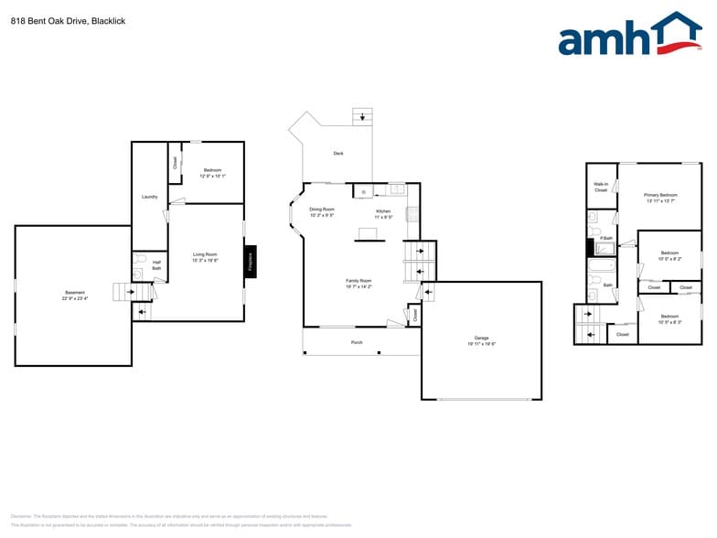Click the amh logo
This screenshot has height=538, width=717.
(x=629, y=37)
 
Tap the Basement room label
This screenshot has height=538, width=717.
(x=72, y=295)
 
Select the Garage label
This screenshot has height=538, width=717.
(x=481, y=340)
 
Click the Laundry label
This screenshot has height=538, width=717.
(x=150, y=197)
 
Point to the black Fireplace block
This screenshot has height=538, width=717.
(x=251, y=262)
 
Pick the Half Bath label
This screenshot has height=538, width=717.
(x=156, y=264)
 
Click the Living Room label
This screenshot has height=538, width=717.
(x=205, y=257)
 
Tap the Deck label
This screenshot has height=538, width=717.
(x=338, y=154)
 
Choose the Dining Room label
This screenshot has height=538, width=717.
(x=322, y=212)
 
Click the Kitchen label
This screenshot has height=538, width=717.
(x=383, y=214)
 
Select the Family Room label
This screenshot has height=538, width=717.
(x=358, y=283)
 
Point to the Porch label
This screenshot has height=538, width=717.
(x=357, y=342)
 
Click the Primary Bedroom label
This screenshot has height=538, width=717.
(x=660, y=198)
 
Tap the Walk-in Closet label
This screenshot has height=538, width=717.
(x=601, y=188)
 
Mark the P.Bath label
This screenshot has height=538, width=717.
(x=606, y=238)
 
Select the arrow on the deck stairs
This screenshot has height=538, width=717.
(x=364, y=116)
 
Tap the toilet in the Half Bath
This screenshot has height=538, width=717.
(x=138, y=273)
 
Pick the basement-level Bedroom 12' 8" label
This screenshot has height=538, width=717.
(x=212, y=173)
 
